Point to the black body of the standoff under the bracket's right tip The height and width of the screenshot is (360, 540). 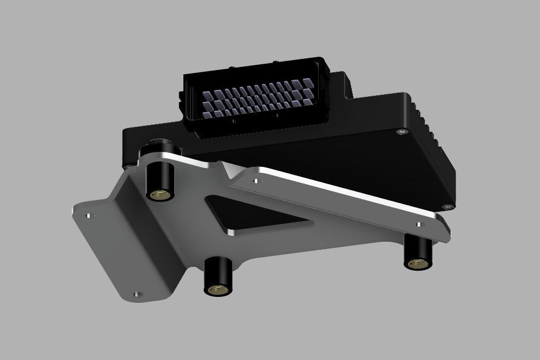point(417,249)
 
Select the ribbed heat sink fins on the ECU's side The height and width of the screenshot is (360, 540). point(436,139)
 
